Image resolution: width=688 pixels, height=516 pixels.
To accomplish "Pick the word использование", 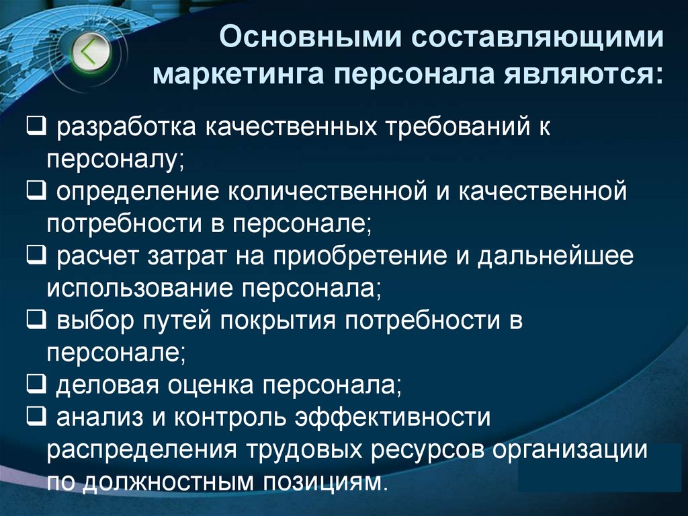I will (138, 290).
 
